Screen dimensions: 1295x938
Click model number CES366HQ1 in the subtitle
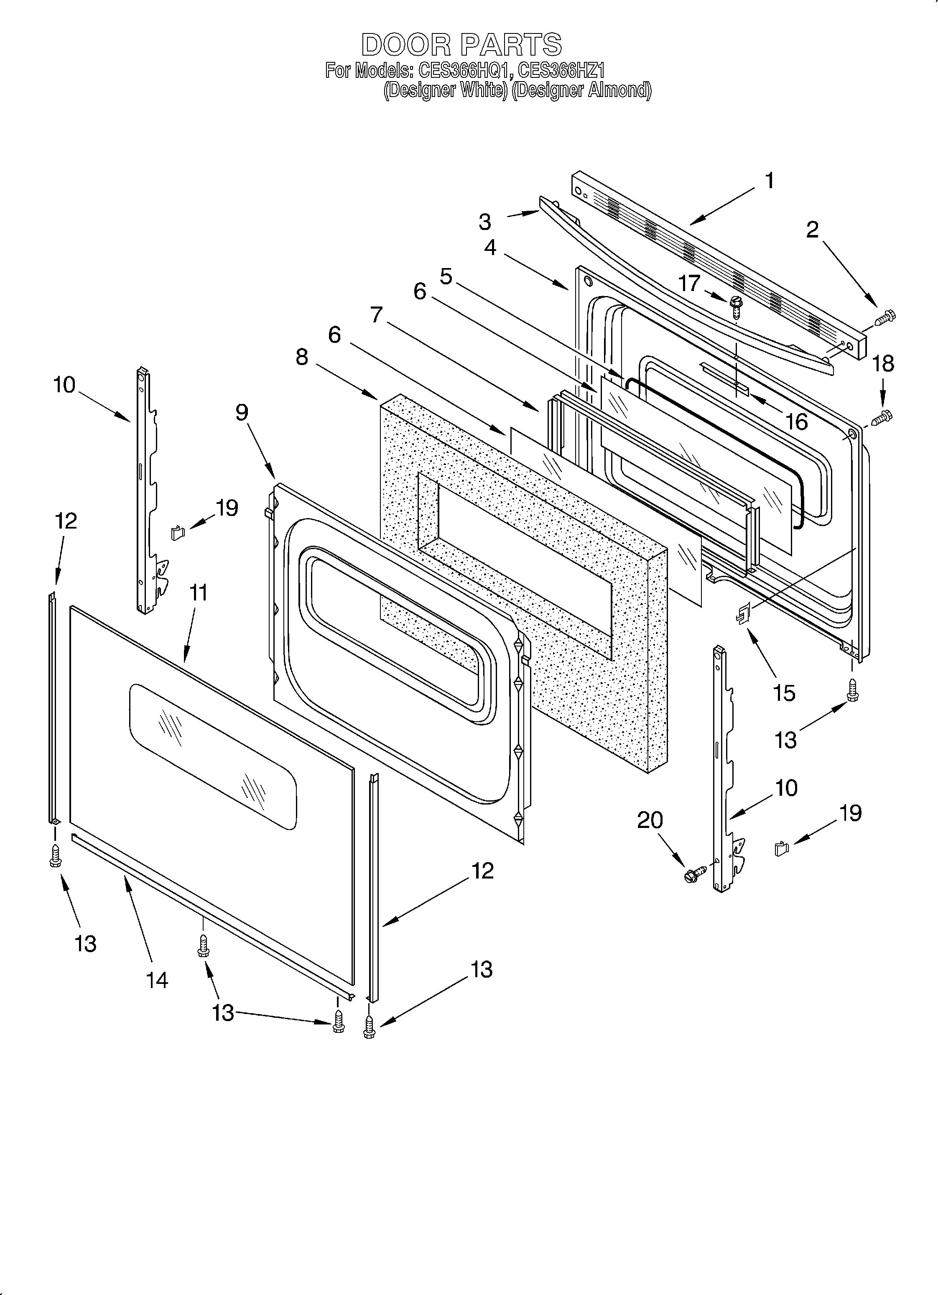[462, 71]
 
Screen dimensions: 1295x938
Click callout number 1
[769, 181]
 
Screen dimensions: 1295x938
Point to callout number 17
[689, 283]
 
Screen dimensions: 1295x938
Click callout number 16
[796, 421]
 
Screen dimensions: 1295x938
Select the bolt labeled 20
[694, 873]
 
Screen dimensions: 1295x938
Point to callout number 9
[242, 412]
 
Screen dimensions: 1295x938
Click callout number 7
[376, 314]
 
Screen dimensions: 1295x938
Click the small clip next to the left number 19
[178, 533]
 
